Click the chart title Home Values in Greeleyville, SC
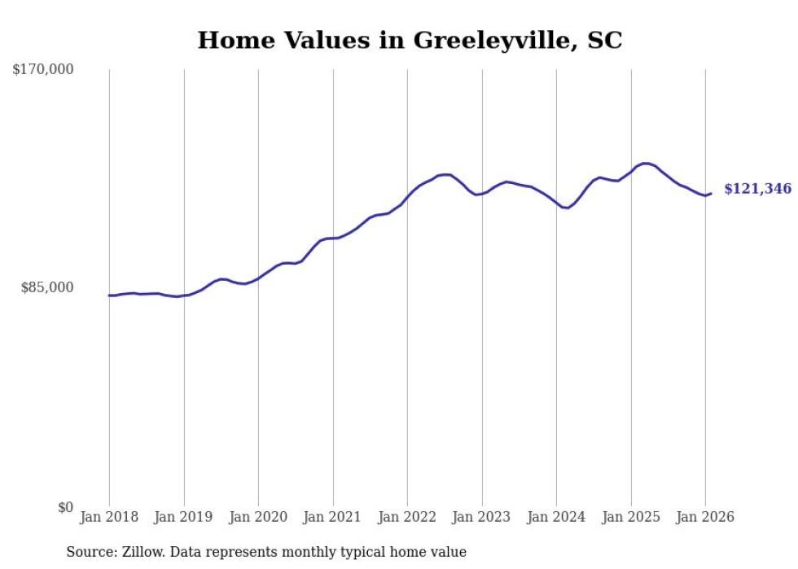point(410,40)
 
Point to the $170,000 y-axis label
point(43,70)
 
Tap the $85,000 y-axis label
point(46,287)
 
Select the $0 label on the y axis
point(65,507)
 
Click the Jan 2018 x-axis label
point(109,518)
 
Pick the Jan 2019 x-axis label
point(183,518)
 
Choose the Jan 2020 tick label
point(258,518)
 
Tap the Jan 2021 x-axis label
point(332,518)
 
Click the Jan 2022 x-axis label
point(407,518)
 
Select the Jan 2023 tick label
point(481,518)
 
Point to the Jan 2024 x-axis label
point(556,518)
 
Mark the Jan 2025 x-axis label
point(630,518)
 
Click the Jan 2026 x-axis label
point(705,518)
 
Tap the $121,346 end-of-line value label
point(757,189)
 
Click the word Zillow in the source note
point(138,552)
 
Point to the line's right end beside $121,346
point(711,193)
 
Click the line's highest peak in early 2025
point(645,164)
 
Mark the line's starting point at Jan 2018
point(109,295)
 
